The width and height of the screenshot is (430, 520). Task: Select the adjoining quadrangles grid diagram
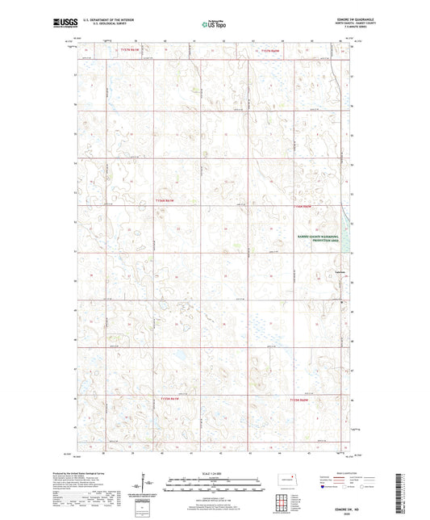click(x=282, y=500)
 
